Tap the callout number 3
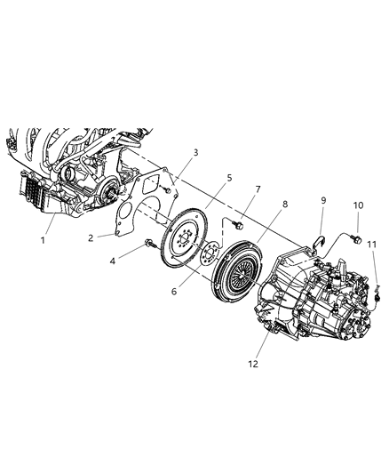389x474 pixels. pos(195,152)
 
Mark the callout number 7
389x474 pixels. pos(258,190)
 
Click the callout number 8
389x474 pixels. pos(284,205)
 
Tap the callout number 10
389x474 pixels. pos(358,206)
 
